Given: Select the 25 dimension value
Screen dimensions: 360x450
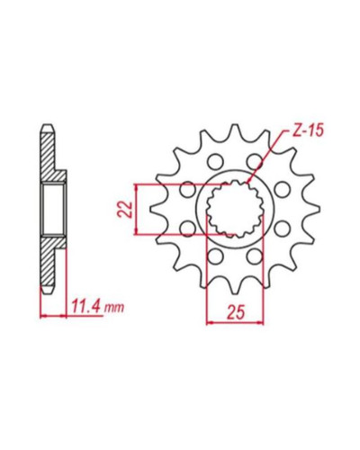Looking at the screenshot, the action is point(236,312).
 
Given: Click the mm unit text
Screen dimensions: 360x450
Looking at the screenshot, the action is point(113,307).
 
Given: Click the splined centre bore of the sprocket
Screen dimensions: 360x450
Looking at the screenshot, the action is point(235,209).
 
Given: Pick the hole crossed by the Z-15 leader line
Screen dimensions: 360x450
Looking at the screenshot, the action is point(255,161).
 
